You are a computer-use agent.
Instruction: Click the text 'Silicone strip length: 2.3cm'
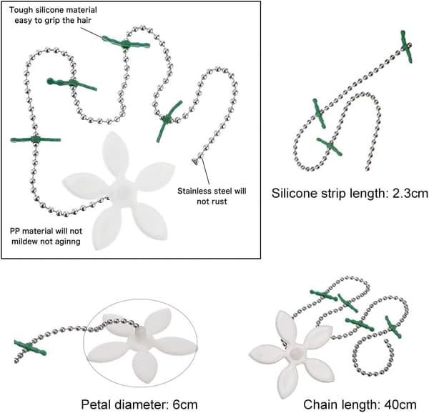tap(350, 194)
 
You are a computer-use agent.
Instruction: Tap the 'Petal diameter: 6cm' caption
tap(139, 404)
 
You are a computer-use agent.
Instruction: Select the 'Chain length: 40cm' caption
tap(360, 404)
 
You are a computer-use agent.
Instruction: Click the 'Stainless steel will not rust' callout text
tap(212, 196)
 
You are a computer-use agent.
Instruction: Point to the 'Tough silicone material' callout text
tap(53, 10)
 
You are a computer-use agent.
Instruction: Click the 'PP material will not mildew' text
tap(46, 237)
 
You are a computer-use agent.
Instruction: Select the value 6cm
tap(185, 404)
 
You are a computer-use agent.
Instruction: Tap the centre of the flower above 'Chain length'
tap(295, 354)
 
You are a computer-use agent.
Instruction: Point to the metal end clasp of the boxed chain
tap(195, 161)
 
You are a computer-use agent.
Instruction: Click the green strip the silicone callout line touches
tap(126, 44)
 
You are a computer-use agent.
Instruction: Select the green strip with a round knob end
tap(71, 84)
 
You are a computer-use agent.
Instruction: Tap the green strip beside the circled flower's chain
tap(30, 348)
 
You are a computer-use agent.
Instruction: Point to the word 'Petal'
tap(95, 404)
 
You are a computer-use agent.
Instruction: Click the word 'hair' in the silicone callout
tap(84, 20)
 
